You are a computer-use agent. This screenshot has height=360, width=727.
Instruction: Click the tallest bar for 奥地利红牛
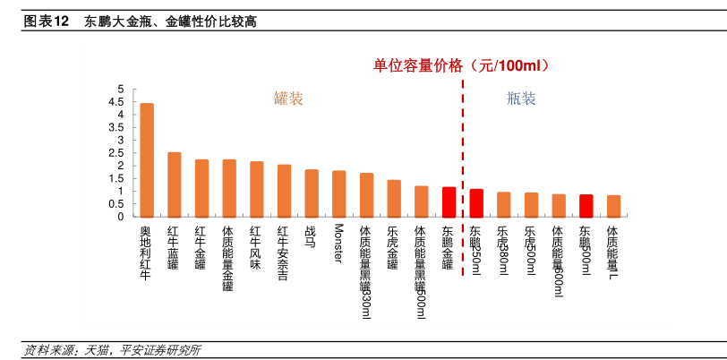click(147, 159)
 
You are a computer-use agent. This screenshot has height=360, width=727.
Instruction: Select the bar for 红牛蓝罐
click(175, 184)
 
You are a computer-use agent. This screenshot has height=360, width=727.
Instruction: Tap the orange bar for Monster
click(338, 193)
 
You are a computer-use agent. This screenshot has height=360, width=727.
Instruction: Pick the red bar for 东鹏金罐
click(449, 201)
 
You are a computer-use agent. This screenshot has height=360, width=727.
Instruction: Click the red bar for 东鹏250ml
click(476, 202)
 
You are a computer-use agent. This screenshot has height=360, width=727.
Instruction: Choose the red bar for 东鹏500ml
click(586, 205)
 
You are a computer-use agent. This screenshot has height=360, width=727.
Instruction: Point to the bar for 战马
click(312, 193)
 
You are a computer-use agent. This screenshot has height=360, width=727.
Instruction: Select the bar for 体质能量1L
click(613, 206)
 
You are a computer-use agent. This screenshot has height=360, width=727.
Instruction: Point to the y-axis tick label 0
click(121, 217)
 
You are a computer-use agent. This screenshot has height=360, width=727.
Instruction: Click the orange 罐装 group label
click(288, 99)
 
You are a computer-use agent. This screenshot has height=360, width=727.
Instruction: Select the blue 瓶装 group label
click(521, 99)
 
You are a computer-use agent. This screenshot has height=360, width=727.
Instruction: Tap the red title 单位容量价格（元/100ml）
click(461, 65)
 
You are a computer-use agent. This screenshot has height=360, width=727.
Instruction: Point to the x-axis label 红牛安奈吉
click(284, 253)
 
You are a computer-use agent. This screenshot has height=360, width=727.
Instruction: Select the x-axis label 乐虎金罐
click(393, 249)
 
